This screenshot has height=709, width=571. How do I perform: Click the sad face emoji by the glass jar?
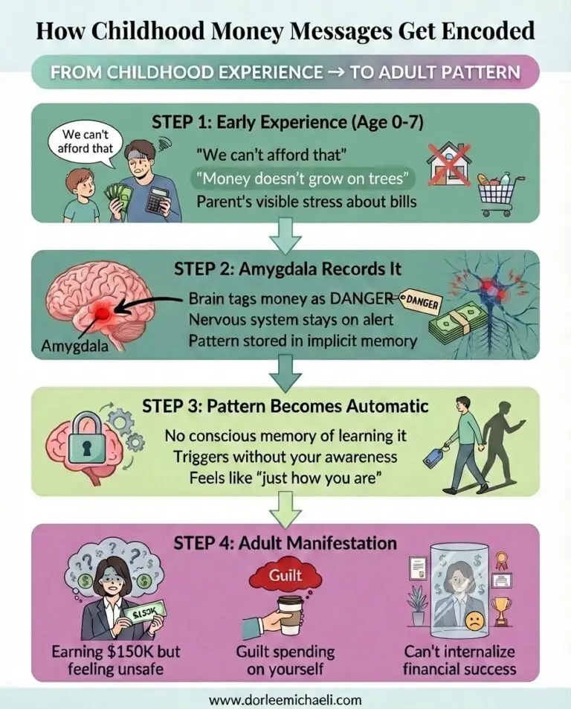pyautogui.click(x=472, y=622)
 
